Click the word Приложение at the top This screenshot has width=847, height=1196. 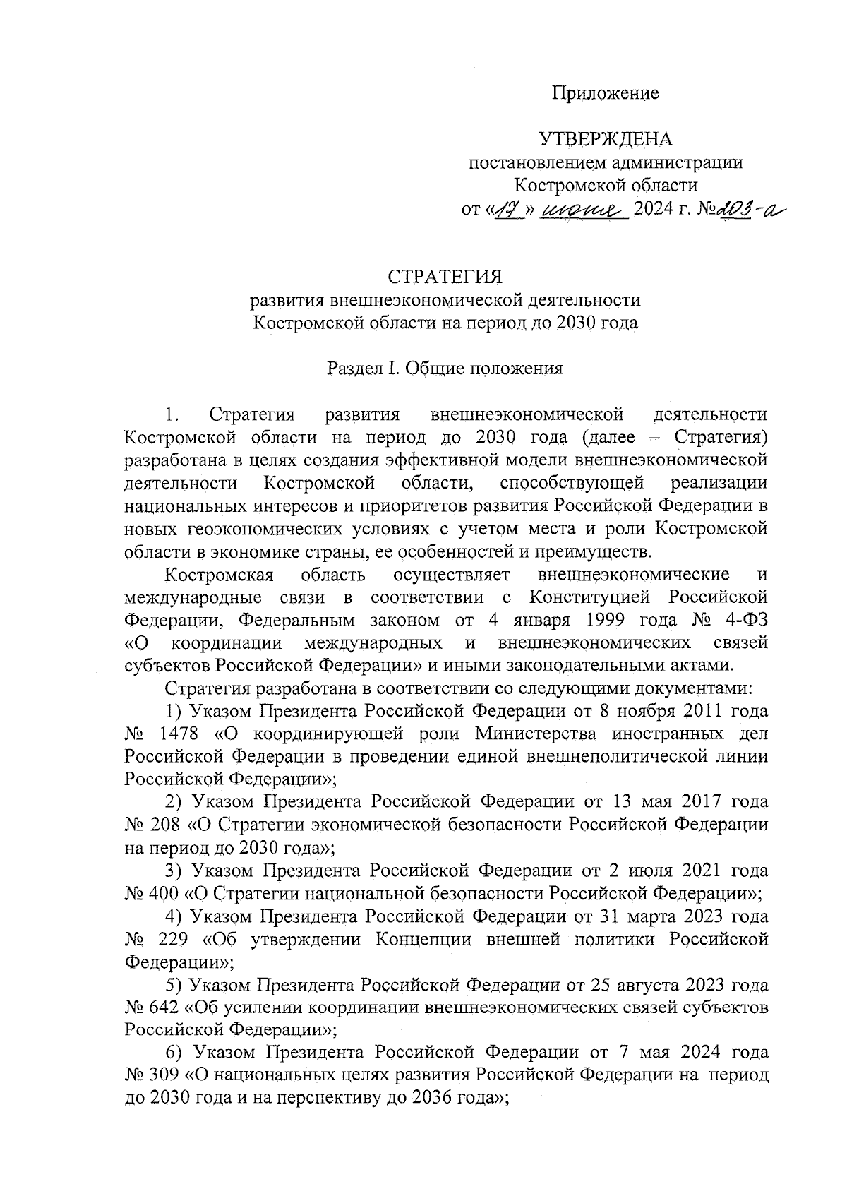pyautogui.click(x=605, y=93)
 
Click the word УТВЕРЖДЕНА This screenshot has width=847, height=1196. pyautogui.click(x=606, y=140)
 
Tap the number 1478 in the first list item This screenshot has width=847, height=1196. pyautogui.click(x=181, y=733)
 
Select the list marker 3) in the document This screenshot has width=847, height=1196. pyautogui.click(x=174, y=871)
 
